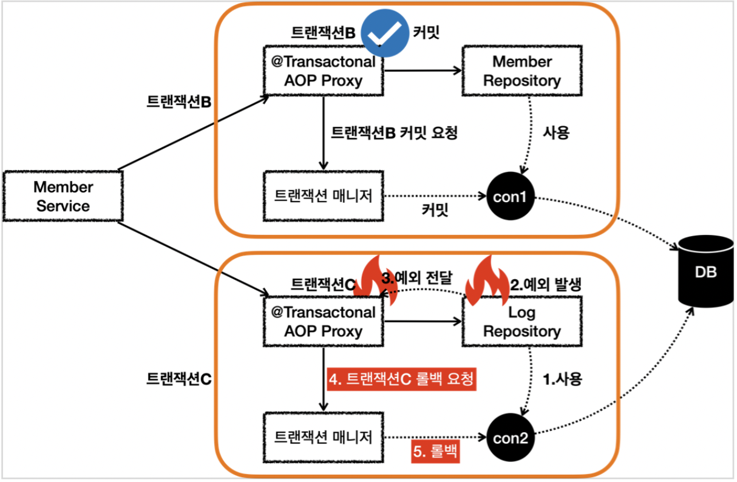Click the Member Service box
click(x=63, y=196)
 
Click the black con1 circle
click(x=511, y=197)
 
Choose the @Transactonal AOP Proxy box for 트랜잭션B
click(x=323, y=71)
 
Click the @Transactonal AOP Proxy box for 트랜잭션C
click(x=323, y=322)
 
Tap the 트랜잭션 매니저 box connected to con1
click(x=323, y=195)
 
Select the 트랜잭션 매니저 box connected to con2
click(x=323, y=436)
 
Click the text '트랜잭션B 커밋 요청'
click(x=393, y=133)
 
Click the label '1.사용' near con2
click(x=562, y=379)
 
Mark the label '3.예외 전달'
click(x=417, y=280)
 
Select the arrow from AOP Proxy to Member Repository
click(x=423, y=71)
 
